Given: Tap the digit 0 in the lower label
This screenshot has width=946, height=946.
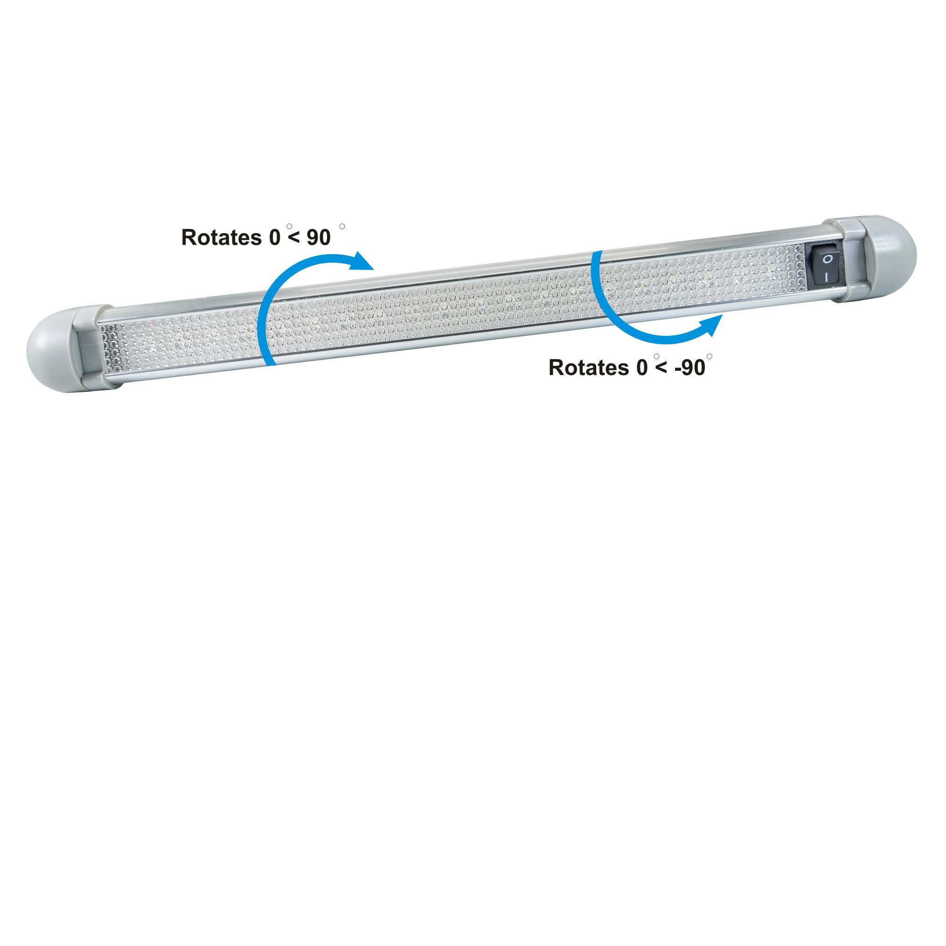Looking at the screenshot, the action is coord(642,368).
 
